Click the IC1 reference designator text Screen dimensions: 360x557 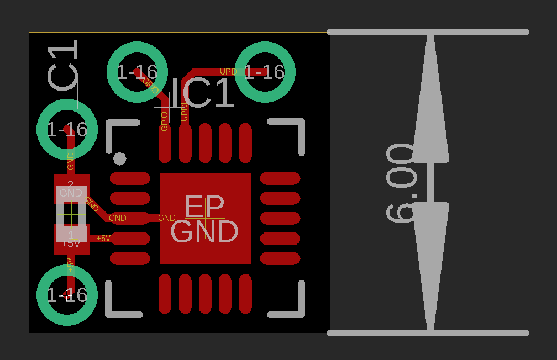click(x=203, y=93)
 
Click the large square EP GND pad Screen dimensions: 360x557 click(x=205, y=218)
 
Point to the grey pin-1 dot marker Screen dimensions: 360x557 click(x=119, y=159)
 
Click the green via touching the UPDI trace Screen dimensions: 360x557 click(x=265, y=72)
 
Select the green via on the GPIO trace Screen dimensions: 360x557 click(x=136, y=72)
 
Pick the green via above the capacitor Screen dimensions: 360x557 click(x=67, y=129)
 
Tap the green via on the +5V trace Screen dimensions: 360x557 click(x=67, y=295)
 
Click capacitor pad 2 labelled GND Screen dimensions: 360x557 click(x=71, y=189)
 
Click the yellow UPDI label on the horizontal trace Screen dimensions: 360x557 click(x=229, y=72)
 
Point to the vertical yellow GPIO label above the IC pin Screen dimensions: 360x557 click(x=164, y=121)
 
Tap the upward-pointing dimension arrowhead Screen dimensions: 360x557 click(x=430, y=99)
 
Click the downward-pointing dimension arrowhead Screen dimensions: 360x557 click(x=430, y=265)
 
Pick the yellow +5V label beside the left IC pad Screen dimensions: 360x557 click(x=103, y=239)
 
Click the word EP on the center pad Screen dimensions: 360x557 click(x=204, y=206)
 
